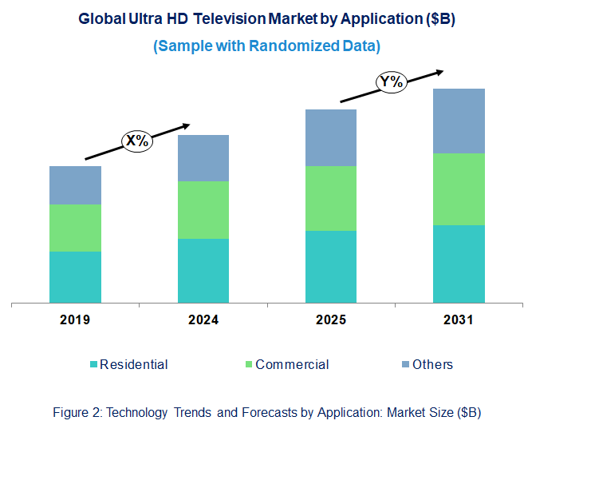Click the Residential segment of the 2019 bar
tap(75, 277)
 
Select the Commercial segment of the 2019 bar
tap(75, 228)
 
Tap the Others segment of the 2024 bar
tap(203, 158)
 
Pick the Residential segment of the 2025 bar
tap(331, 267)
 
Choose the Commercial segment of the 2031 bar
tap(459, 188)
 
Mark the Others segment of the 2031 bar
tap(459, 121)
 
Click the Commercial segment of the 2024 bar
tap(203, 209)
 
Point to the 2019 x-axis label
tap(75, 320)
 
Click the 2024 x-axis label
tap(203, 320)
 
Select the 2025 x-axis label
tap(331, 320)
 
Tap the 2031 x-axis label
tap(459, 320)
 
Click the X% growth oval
tap(137, 141)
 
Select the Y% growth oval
tap(392, 81)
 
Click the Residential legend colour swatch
tap(93, 365)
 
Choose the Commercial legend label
tap(292, 364)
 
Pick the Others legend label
tap(433, 364)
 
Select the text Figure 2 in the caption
tap(77, 413)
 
